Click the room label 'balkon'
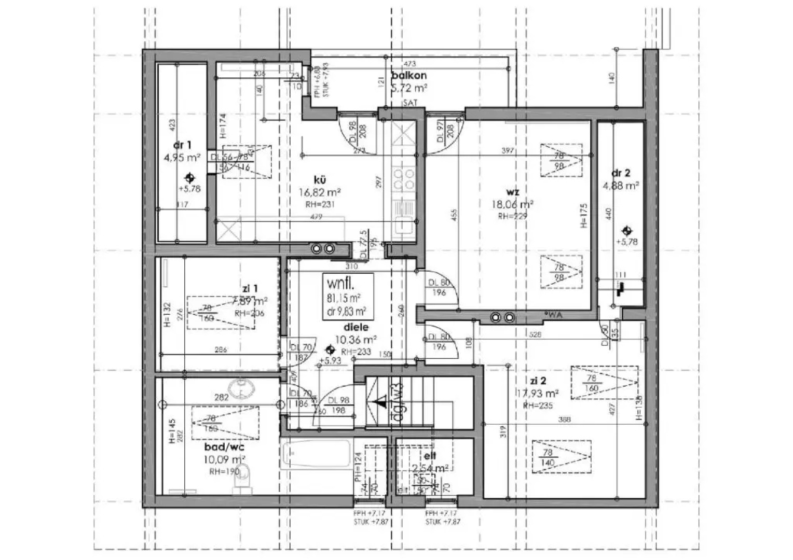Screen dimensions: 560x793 tap(409, 76)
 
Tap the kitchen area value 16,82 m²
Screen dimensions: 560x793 tap(320, 192)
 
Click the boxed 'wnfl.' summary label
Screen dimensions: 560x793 tap(340, 284)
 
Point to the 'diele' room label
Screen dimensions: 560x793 tap(356, 327)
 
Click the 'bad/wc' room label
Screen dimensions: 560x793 tap(224, 447)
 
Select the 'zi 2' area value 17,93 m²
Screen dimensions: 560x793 tap(538, 394)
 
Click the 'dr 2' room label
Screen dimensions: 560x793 tap(621, 173)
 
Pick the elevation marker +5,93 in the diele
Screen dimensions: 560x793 tap(331, 360)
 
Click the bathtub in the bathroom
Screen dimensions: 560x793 tap(316, 455)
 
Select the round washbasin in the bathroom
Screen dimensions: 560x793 tap(240, 385)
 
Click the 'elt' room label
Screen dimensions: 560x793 tap(430, 456)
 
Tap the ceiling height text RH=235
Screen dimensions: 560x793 tap(538, 405)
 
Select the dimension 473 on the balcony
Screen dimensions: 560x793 tap(409, 64)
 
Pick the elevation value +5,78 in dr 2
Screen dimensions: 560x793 tap(627, 242)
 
